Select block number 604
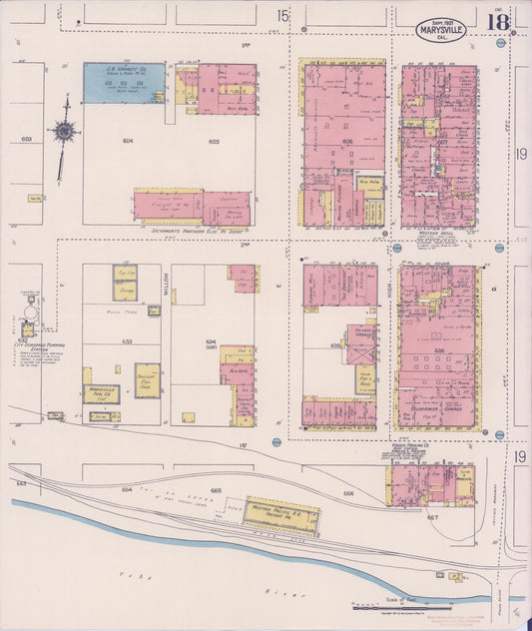point(128,141)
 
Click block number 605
point(213,141)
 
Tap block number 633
point(127,339)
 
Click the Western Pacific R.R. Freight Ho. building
point(281,512)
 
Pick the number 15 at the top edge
point(283,15)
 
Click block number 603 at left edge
point(25,139)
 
